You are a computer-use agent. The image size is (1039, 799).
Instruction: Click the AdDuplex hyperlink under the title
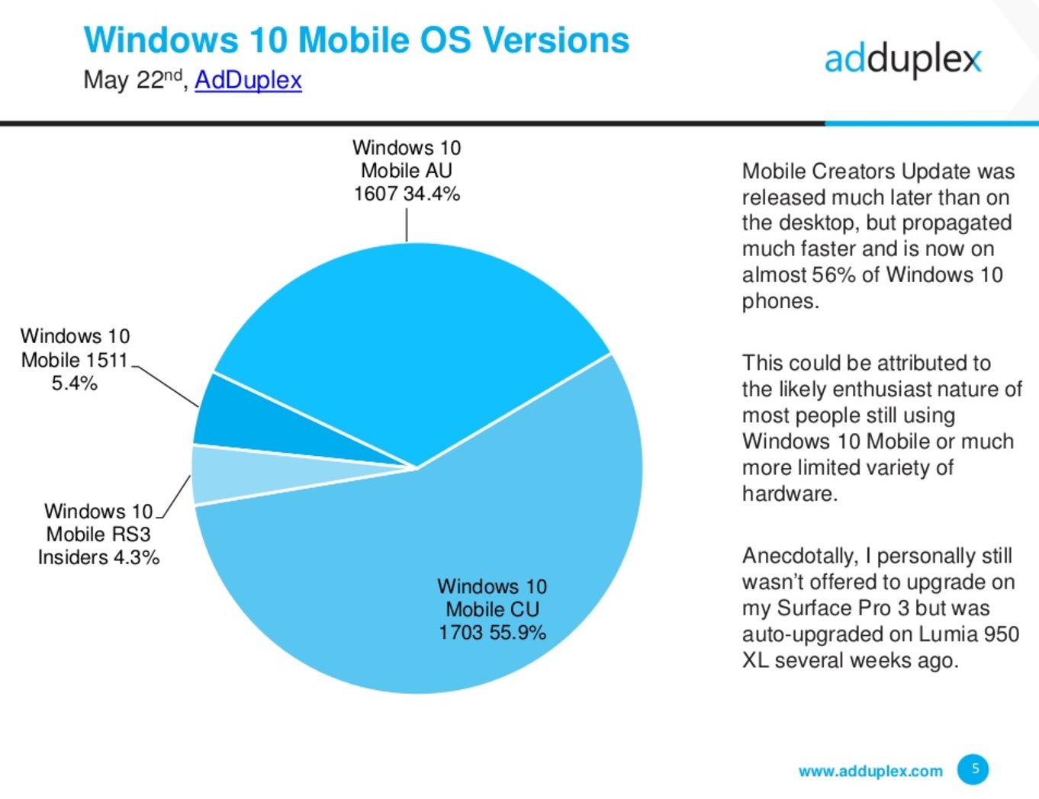[x=248, y=80]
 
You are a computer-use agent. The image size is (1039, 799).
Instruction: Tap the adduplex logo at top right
[x=902, y=59]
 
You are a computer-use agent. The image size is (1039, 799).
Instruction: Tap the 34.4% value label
[x=432, y=194]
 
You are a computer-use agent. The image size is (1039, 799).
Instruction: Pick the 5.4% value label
[x=74, y=383]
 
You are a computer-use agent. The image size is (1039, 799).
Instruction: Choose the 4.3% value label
[x=137, y=558]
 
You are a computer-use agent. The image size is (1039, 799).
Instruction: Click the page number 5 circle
[x=973, y=769]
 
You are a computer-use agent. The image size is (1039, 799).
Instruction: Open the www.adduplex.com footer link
[x=870, y=771]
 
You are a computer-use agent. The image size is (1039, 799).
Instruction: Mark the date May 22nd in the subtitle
[x=133, y=79]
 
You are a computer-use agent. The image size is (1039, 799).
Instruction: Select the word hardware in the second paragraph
[x=788, y=493]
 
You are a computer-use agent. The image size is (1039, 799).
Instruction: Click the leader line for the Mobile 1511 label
[x=166, y=387]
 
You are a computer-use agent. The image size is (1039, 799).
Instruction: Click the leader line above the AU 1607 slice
[x=407, y=225]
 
